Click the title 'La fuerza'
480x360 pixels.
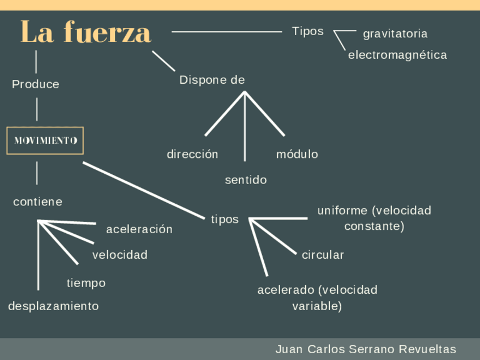86,32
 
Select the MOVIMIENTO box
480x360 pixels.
45,140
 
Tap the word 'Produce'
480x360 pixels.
36,84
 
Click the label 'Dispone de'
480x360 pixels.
212,80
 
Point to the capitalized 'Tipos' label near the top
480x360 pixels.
308,31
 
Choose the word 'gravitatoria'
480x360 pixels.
395,34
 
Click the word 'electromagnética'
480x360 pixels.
397,55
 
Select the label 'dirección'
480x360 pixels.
192,154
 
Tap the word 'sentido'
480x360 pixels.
246,180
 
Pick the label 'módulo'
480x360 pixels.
297,154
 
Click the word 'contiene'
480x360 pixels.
38,202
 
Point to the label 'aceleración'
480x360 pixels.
139,229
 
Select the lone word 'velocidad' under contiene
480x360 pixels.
120,255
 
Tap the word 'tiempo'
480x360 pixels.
86,282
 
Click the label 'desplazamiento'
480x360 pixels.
53,306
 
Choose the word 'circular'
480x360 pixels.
323,255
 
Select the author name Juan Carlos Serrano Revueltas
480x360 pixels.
366,349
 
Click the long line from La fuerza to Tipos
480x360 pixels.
226,32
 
